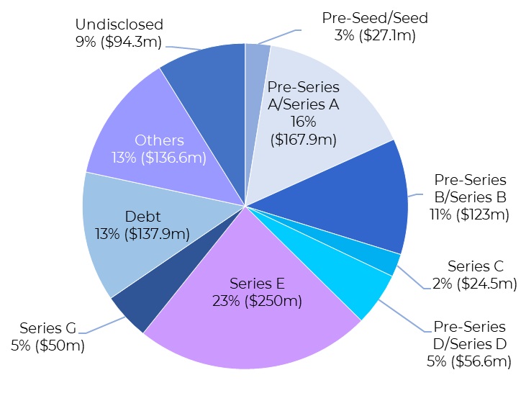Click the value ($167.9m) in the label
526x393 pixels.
[304, 140]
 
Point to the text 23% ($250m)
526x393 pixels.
[256, 300]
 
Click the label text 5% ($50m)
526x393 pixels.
[47, 345]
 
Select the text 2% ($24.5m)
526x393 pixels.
[475, 284]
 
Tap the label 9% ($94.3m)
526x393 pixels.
[119, 41]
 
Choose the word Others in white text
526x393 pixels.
[159, 140]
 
